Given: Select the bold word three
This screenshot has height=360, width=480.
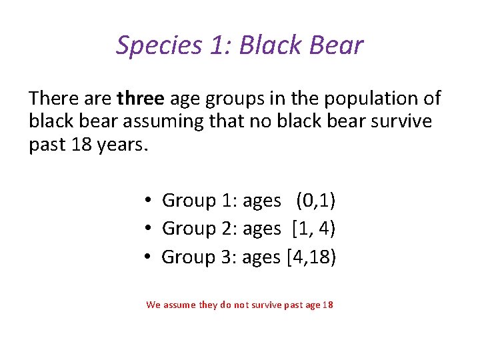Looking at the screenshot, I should pyautogui.click(x=140, y=99).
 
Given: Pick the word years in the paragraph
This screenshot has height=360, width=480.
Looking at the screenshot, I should pyautogui.click(x=118, y=144).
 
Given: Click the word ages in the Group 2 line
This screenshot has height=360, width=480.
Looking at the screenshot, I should pyautogui.click(x=262, y=229).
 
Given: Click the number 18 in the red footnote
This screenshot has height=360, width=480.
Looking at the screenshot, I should pyautogui.click(x=327, y=305).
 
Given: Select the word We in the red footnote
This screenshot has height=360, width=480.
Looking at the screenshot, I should pyautogui.click(x=153, y=305).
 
